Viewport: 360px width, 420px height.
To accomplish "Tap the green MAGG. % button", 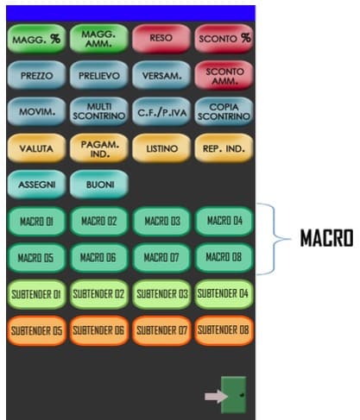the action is [x=36, y=39].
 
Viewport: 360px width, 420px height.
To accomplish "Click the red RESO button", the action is [x=161, y=39].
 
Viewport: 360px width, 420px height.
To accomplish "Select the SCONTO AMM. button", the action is [x=224, y=75].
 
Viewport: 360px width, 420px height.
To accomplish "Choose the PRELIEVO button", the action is [x=99, y=75].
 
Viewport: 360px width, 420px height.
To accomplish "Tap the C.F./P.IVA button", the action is [x=161, y=111].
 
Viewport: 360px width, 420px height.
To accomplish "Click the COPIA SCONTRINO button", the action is [x=224, y=111].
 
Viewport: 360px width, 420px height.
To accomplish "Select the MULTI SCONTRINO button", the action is [x=99, y=111].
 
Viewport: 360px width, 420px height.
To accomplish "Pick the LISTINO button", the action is [x=161, y=148].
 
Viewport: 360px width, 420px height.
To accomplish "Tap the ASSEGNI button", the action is [x=36, y=185].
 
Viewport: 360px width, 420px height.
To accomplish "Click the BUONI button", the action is [x=99, y=185].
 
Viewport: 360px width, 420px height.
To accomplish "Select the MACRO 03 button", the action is [x=161, y=221].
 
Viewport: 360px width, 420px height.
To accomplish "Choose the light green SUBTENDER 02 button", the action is [x=99, y=294].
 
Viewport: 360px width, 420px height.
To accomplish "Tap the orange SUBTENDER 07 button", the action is [x=161, y=330].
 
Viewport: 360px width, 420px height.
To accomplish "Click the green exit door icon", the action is [x=234, y=395].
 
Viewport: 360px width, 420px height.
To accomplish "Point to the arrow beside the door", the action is [x=217, y=397].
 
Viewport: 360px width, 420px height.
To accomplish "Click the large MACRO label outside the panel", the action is [x=326, y=238].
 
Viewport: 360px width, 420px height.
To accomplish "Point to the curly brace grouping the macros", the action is [x=275, y=239].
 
